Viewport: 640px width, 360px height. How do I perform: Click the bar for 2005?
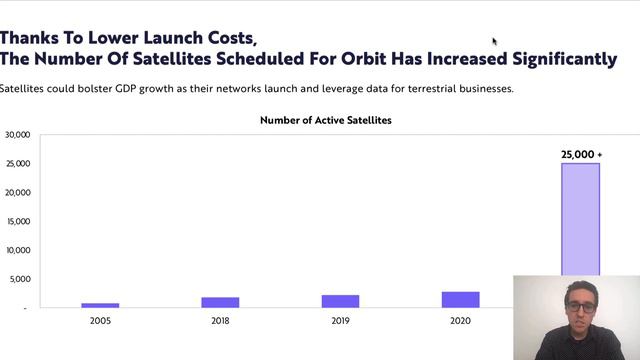[x=100, y=305]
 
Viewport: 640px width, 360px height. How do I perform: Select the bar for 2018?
[x=220, y=302]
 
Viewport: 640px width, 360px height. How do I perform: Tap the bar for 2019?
[x=340, y=301]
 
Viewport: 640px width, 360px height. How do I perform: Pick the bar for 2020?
[x=460, y=299]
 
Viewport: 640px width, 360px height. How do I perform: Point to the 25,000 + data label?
[x=581, y=155]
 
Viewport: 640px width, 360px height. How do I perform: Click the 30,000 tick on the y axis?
[x=17, y=134]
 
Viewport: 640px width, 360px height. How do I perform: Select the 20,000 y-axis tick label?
[x=17, y=192]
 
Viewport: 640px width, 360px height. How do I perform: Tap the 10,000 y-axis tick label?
[x=17, y=250]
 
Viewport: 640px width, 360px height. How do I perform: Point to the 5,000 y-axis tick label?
[x=19, y=279]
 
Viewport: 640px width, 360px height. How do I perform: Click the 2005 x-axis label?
[x=100, y=321]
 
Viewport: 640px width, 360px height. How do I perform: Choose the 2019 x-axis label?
[x=340, y=321]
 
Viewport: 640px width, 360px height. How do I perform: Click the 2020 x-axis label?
[x=460, y=321]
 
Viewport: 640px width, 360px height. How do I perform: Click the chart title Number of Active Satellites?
[x=326, y=120]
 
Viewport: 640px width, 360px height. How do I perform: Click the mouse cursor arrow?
[x=494, y=41]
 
